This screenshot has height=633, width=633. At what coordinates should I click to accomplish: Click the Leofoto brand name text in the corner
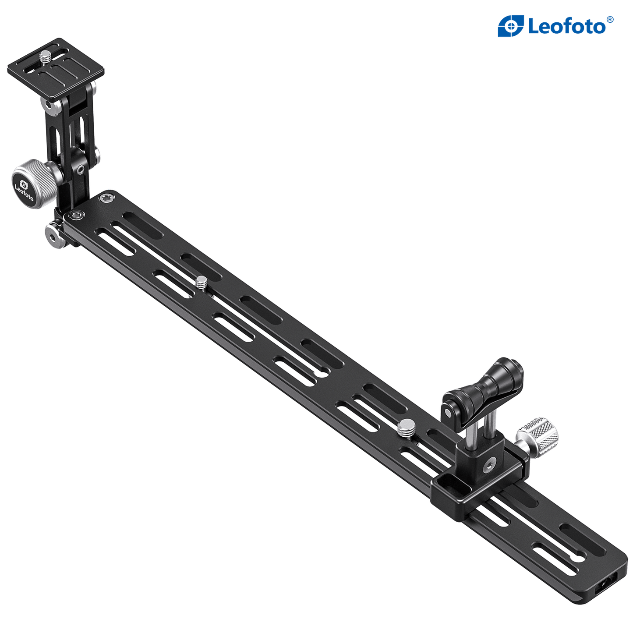[x=567, y=27]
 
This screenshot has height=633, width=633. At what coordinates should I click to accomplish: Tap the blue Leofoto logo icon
[x=511, y=25]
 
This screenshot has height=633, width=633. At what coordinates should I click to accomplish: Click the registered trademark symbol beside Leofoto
[x=610, y=19]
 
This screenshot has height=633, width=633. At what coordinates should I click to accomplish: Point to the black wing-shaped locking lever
[x=483, y=388]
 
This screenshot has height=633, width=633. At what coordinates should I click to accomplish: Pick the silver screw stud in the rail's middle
[x=202, y=282]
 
